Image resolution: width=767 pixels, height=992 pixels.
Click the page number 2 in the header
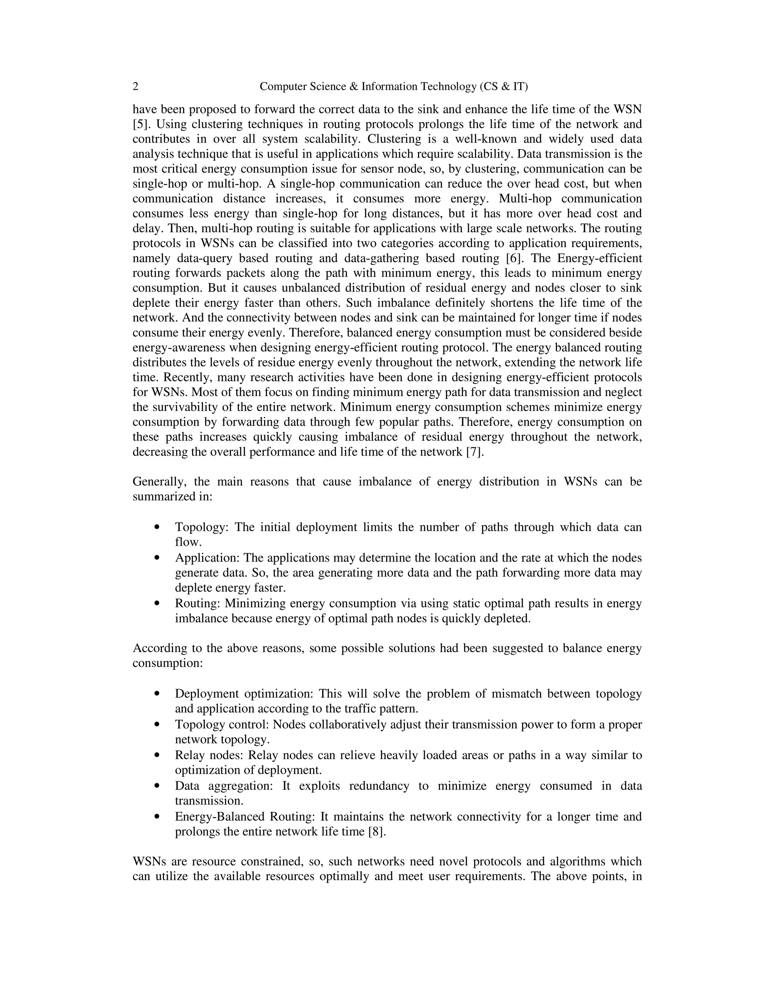pos(136,86)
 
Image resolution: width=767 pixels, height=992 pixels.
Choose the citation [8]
pos(377,832)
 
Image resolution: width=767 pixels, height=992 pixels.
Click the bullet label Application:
pos(207,558)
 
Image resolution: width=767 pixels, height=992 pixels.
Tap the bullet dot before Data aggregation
pos(157,785)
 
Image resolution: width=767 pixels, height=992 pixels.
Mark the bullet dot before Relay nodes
pos(157,755)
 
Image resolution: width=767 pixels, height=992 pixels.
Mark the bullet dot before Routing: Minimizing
pos(157,603)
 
